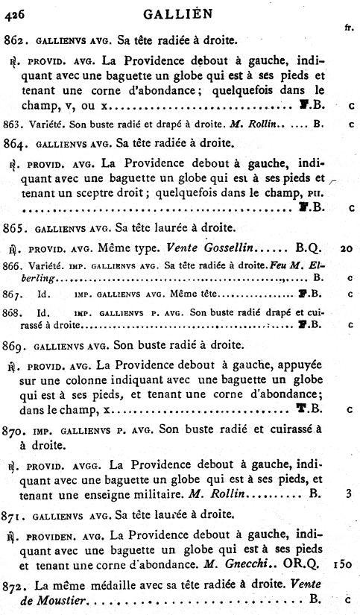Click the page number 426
16,10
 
